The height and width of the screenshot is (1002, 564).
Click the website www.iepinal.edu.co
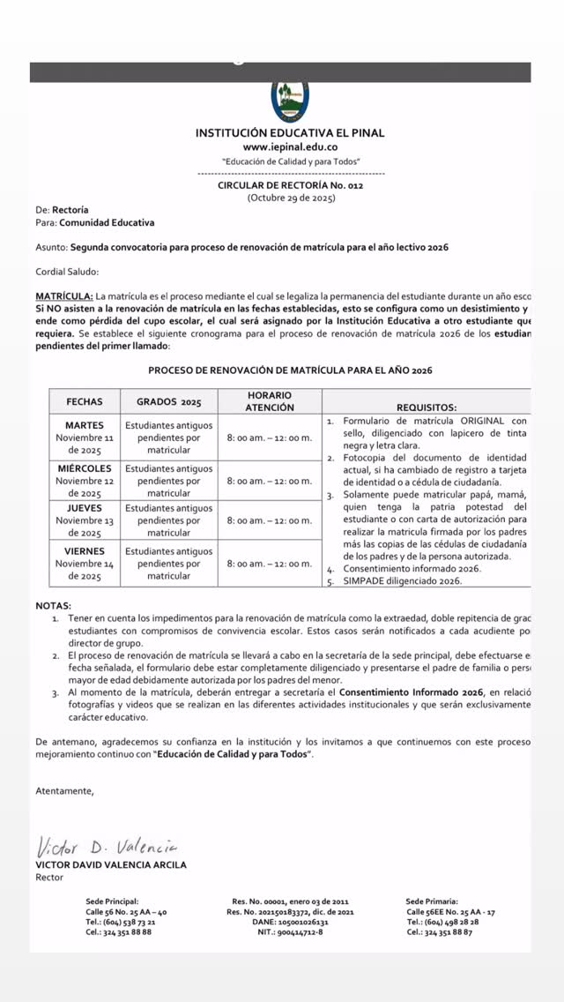(x=290, y=147)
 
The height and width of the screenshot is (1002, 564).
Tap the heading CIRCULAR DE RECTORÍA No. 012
(x=290, y=185)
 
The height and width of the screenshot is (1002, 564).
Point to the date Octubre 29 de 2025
(x=291, y=198)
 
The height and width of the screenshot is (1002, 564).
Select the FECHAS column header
(x=85, y=401)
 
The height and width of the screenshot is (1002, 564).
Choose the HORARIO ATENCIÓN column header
(x=269, y=401)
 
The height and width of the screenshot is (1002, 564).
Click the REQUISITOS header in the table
(x=427, y=408)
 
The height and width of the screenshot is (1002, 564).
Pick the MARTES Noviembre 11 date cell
(x=85, y=437)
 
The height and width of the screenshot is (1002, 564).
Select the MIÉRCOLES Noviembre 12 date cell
(x=85, y=481)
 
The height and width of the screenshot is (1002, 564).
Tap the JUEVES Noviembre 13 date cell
(x=85, y=520)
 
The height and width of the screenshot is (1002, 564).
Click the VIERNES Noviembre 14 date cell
(x=85, y=564)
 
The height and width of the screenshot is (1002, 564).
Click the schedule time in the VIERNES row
(x=269, y=564)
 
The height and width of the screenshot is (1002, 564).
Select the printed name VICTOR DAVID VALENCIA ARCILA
(x=110, y=864)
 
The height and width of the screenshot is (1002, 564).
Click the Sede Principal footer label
(x=112, y=901)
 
